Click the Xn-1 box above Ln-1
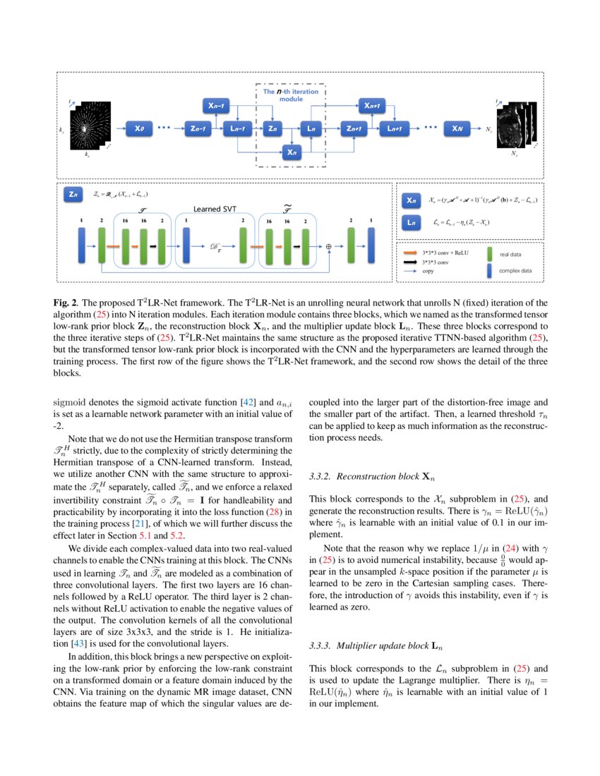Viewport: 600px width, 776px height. [217, 106]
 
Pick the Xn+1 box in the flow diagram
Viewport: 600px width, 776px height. [371, 106]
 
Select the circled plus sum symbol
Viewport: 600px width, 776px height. [329, 246]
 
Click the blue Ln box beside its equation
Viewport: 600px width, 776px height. [412, 223]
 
